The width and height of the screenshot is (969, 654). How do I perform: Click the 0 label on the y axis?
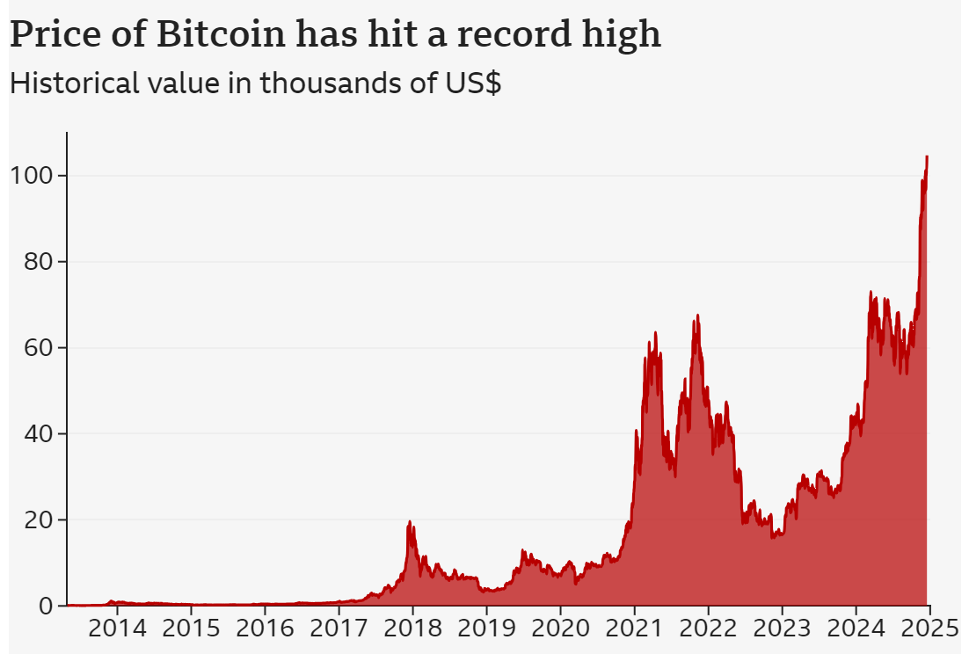click(x=40, y=606)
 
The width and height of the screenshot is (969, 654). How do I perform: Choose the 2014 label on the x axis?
click(x=117, y=629)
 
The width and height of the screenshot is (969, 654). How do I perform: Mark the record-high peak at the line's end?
click(x=927, y=156)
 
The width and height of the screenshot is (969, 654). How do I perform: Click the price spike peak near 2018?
click(x=410, y=522)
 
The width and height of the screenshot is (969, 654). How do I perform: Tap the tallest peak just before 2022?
click(x=697, y=316)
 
